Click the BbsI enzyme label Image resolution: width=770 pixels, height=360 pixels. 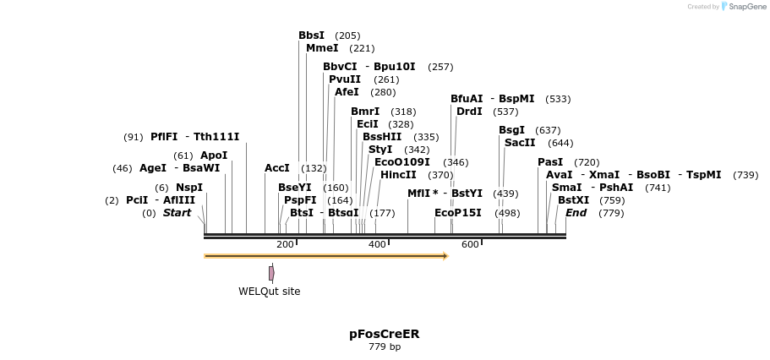coord(311,35)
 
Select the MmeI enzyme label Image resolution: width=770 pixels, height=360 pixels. coord(322,48)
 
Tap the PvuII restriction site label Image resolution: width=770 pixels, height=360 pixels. coord(345,79)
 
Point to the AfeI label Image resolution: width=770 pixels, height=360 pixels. coord(347,92)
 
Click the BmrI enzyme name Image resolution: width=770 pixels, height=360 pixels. coord(365,112)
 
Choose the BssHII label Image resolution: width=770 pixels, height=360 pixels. coord(382,137)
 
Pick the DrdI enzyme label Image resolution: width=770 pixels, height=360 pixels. coord(469,112)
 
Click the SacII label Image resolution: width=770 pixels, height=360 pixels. coord(520,143)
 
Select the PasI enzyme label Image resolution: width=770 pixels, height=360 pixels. coord(550,162)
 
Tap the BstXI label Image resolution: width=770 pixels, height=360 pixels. coord(574,200)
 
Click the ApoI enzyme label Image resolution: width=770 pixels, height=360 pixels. coord(214,155)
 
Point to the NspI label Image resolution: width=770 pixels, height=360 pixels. coord(189,188)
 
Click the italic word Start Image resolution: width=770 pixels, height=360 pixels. coord(177,213)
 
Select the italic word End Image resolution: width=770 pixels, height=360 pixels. coord(576,213)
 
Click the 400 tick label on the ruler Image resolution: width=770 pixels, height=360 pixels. coord(377,244)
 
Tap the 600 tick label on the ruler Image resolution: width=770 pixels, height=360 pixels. coord(470,244)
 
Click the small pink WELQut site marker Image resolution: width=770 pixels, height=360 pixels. coord(271,273)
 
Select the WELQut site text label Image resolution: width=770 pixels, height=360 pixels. coord(269,292)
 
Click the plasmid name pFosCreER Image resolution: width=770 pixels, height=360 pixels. coord(385,334)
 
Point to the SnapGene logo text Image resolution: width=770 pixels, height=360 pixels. coord(748,6)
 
